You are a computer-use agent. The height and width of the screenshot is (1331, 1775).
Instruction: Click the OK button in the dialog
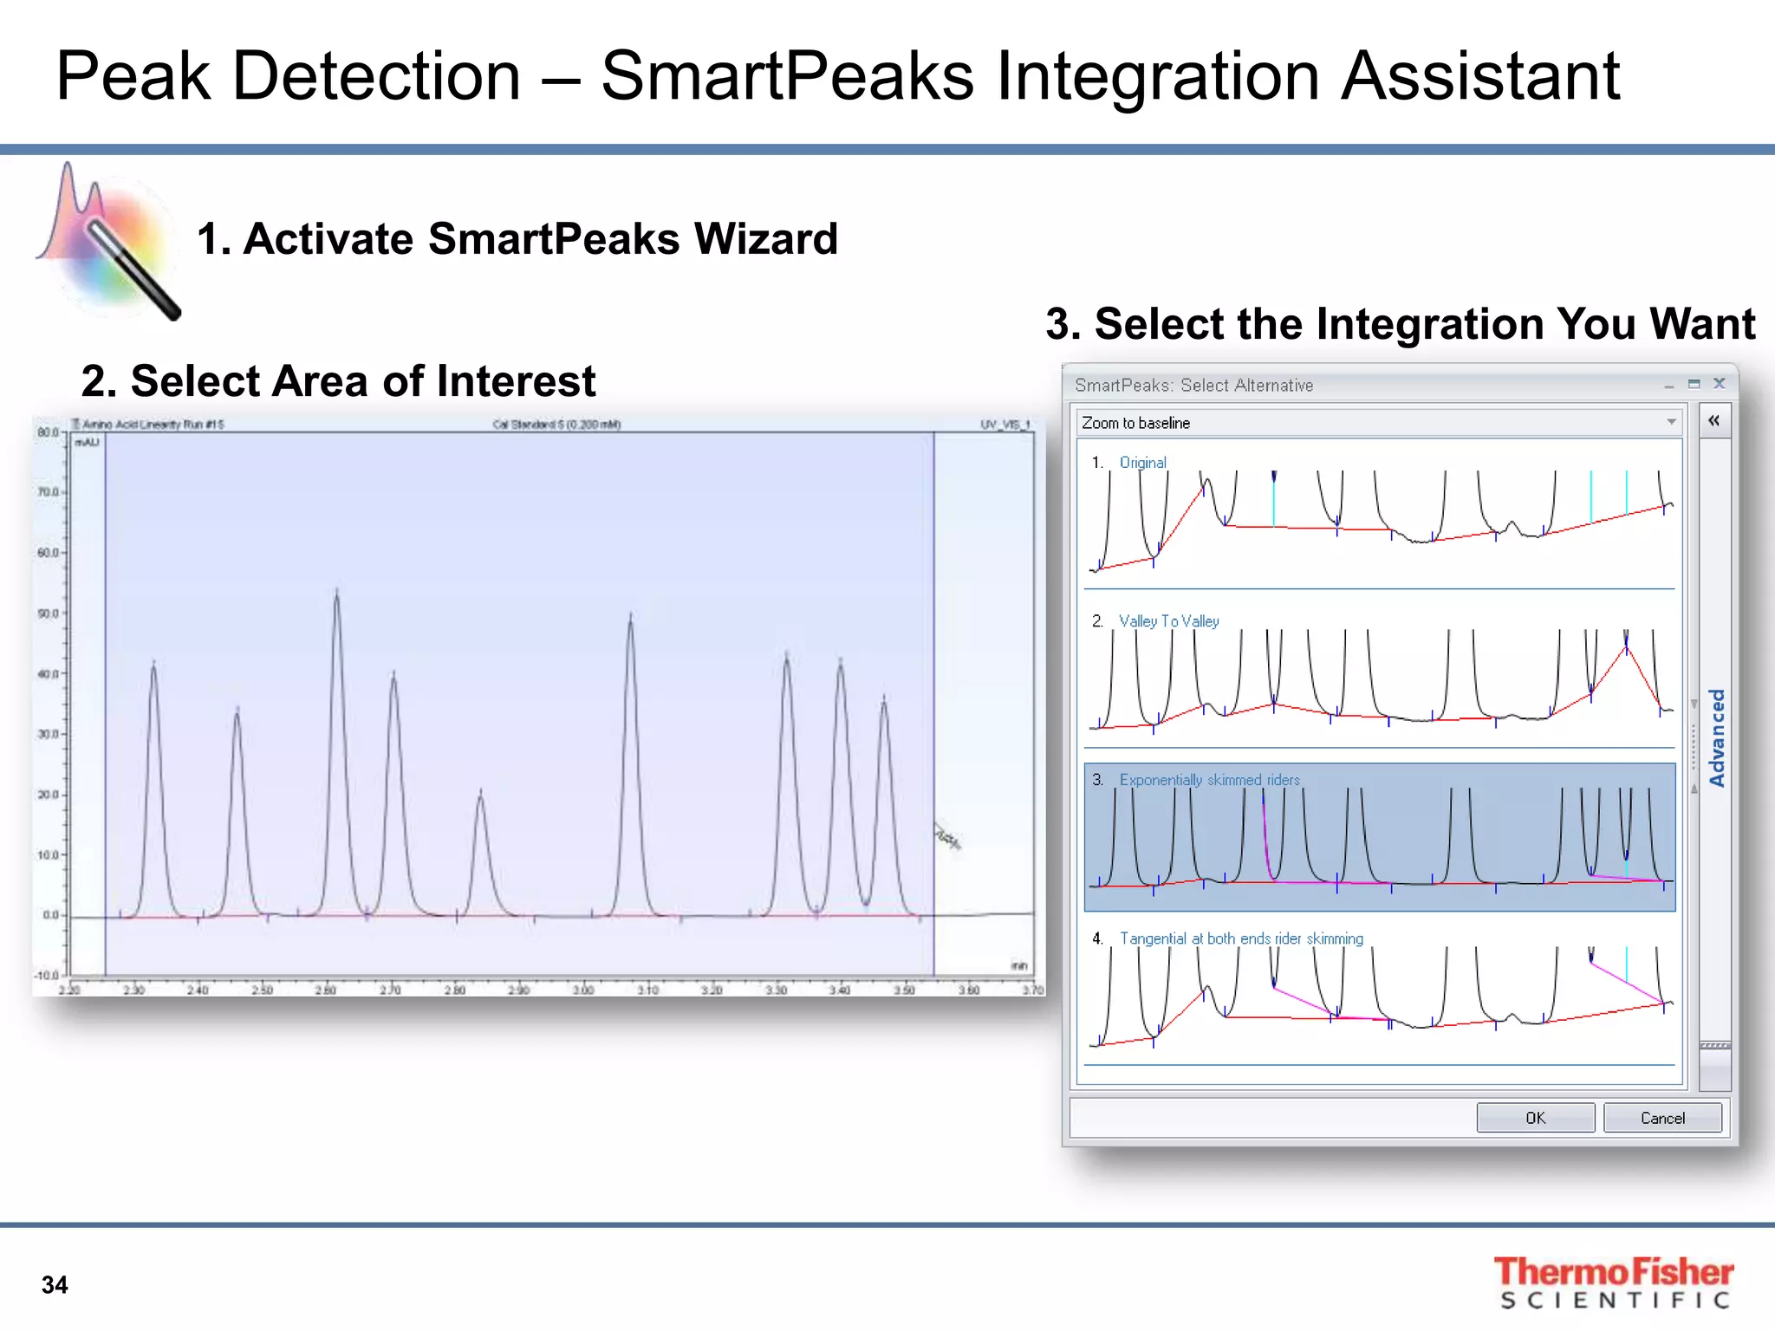[1535, 1118]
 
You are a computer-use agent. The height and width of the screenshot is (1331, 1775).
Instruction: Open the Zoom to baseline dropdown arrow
[1671, 422]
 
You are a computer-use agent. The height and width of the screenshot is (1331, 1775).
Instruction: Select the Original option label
[1142, 463]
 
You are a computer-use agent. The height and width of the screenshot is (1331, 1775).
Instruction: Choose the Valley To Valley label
[1168, 621]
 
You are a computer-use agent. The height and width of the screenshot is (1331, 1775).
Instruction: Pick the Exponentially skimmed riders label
[1209, 780]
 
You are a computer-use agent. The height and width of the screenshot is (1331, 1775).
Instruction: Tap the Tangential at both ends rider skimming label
[1240, 938]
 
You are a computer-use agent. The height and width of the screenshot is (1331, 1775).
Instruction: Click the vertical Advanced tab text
[1716, 737]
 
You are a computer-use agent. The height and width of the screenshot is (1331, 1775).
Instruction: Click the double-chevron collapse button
[1713, 421]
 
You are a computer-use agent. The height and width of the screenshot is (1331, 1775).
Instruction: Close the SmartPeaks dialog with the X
[1720, 383]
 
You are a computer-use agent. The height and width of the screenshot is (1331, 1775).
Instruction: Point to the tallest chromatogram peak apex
[337, 591]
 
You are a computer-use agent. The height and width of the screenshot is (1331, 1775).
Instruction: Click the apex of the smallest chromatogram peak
[481, 791]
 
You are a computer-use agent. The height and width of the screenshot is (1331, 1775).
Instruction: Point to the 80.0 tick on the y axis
[48, 432]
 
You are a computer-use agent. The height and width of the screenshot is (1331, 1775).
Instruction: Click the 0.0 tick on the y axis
[49, 915]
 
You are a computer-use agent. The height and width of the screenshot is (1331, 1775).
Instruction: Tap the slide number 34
[55, 1285]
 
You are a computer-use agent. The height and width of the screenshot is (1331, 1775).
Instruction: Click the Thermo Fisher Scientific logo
[1613, 1282]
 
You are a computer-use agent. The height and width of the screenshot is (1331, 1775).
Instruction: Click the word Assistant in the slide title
[1480, 76]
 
